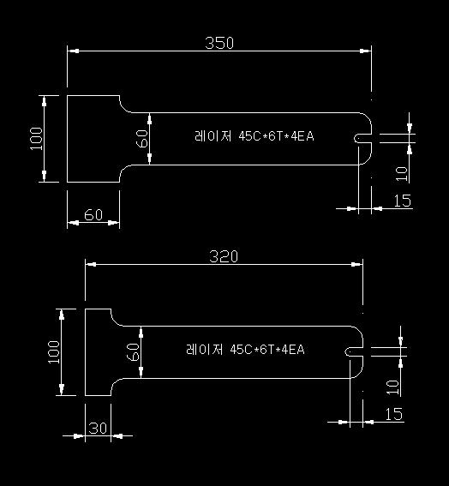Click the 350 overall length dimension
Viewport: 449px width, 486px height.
point(219,43)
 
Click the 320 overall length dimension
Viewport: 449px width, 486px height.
point(224,256)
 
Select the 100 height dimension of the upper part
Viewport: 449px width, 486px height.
point(36,138)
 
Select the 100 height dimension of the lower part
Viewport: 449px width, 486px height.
point(54,351)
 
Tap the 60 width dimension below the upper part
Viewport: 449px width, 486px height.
point(93,215)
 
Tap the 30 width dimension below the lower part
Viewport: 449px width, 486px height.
point(98,429)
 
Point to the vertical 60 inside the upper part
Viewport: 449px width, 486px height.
point(142,139)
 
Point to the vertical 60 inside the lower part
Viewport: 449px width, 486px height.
point(134,352)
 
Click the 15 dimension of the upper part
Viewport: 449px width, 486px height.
point(403,201)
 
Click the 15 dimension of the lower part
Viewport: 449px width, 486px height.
point(394,414)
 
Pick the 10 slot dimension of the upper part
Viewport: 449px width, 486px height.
point(402,173)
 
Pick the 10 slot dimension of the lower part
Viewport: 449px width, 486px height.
point(393,387)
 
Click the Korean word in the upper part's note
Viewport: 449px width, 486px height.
point(213,136)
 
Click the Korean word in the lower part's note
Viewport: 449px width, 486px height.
point(204,350)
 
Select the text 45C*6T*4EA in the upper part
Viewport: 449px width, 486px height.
point(276,136)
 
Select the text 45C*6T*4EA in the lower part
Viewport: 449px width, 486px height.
point(267,350)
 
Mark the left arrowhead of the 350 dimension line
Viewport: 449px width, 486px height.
point(73,51)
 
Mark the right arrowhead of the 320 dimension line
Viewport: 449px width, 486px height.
point(356,264)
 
